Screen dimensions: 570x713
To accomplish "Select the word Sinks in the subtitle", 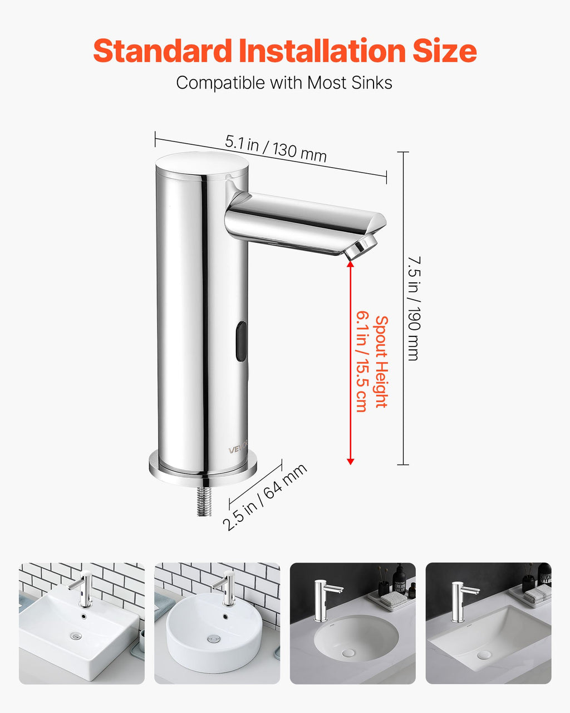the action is [372, 82].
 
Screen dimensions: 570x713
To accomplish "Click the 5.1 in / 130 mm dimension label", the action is [276, 149].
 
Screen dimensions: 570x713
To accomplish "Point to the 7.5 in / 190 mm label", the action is [414, 308].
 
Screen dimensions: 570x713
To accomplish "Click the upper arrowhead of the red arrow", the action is [351, 264].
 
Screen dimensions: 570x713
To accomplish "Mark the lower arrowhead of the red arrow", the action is [351, 461].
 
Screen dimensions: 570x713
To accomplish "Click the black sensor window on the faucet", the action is [242, 341].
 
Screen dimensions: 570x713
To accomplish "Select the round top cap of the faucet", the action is [202, 165].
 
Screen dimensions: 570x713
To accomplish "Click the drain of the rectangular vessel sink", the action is [76, 636].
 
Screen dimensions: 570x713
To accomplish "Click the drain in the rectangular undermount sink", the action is [484, 655].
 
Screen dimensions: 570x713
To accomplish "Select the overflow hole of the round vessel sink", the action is [225, 616].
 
